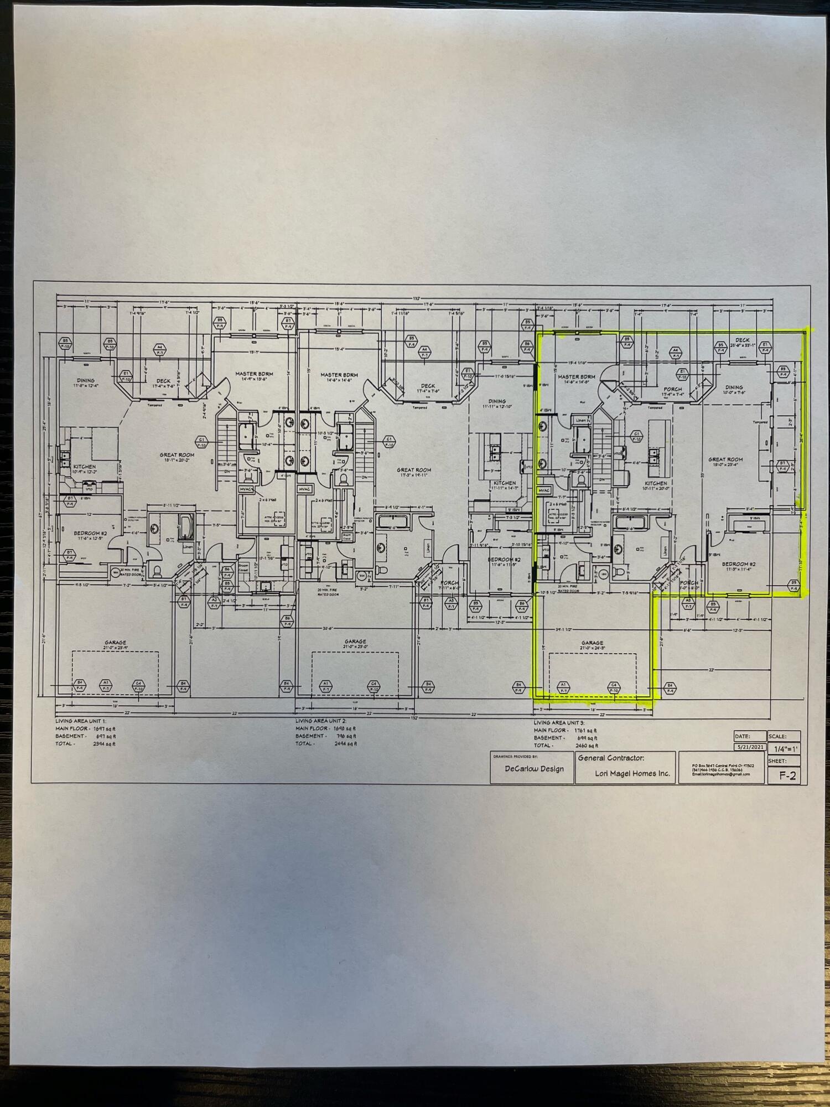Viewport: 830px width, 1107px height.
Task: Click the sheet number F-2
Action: (x=787, y=775)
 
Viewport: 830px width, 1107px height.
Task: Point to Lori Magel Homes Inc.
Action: (x=624, y=773)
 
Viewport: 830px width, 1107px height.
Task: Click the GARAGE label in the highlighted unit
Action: (x=592, y=643)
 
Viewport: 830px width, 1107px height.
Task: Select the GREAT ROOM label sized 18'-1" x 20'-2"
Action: (x=178, y=454)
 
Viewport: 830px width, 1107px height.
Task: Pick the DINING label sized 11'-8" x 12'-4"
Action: (x=86, y=381)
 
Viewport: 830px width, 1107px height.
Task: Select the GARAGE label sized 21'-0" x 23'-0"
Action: (x=354, y=642)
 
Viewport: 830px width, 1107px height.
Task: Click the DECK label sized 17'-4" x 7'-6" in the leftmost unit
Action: (x=163, y=381)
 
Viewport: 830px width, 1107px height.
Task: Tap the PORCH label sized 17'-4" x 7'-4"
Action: (x=673, y=389)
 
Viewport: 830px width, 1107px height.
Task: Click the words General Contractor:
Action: (x=610, y=758)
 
